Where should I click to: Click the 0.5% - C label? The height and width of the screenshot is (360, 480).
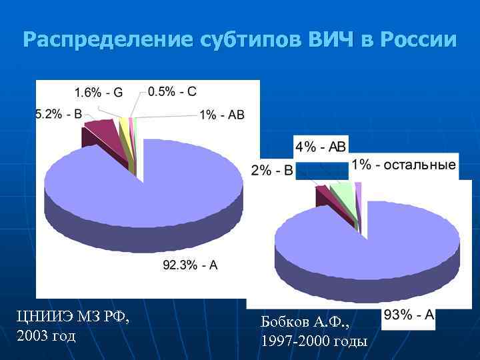coord(172,91)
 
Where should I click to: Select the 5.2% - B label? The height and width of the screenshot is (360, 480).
coord(59,115)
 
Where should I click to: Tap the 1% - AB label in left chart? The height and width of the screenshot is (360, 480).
coord(221,115)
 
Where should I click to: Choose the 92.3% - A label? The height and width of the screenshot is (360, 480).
coord(190,265)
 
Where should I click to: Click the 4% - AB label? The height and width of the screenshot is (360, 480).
coord(321,147)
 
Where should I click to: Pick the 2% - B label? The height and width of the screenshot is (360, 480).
coord(272,171)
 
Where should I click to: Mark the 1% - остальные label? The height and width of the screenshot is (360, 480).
coord(403,165)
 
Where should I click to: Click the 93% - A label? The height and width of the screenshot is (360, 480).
coord(409,315)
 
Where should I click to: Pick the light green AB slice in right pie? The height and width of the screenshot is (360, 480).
coord(343,194)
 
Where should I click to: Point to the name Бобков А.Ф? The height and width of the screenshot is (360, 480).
coord(305,323)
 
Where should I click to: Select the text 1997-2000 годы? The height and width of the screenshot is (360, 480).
coord(314,342)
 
